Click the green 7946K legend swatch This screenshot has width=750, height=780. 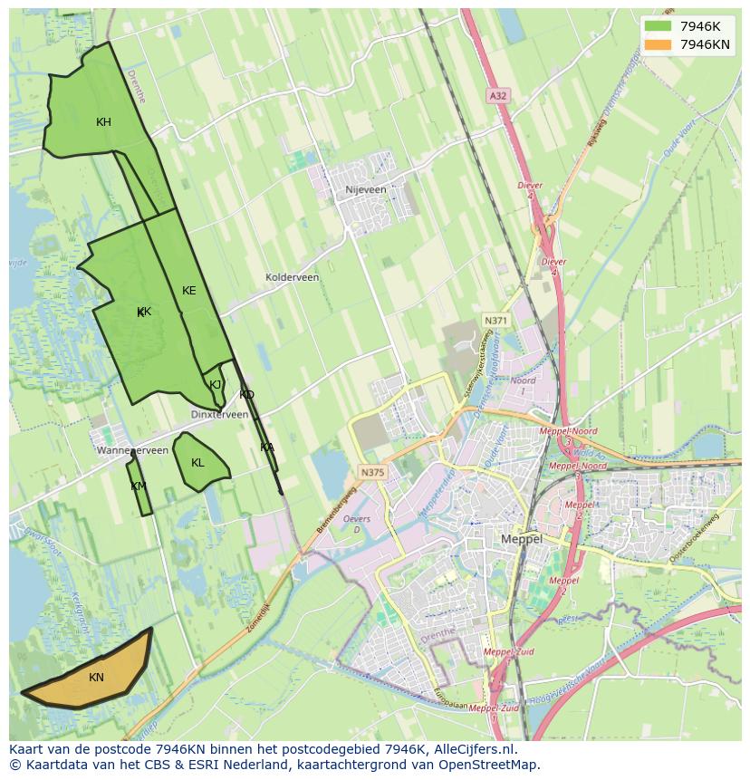(x=659, y=25)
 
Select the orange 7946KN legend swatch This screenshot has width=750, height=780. (x=659, y=44)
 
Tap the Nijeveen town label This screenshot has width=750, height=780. (x=366, y=190)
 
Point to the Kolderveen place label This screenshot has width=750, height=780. (x=292, y=277)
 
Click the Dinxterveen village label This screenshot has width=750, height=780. (x=219, y=414)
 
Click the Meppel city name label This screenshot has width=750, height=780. (x=522, y=539)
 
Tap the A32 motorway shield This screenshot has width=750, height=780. (x=497, y=95)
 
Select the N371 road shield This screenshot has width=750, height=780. (x=495, y=321)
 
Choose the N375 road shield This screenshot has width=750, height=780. (x=371, y=472)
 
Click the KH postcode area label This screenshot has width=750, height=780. (x=104, y=122)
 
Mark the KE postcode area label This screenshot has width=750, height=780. (x=188, y=291)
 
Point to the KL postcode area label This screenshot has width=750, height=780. (x=197, y=463)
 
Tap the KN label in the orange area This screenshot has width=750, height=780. (x=96, y=678)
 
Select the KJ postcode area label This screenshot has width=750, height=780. (x=216, y=384)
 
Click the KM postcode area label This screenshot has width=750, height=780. (x=138, y=486)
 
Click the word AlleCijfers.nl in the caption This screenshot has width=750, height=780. (x=472, y=749)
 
